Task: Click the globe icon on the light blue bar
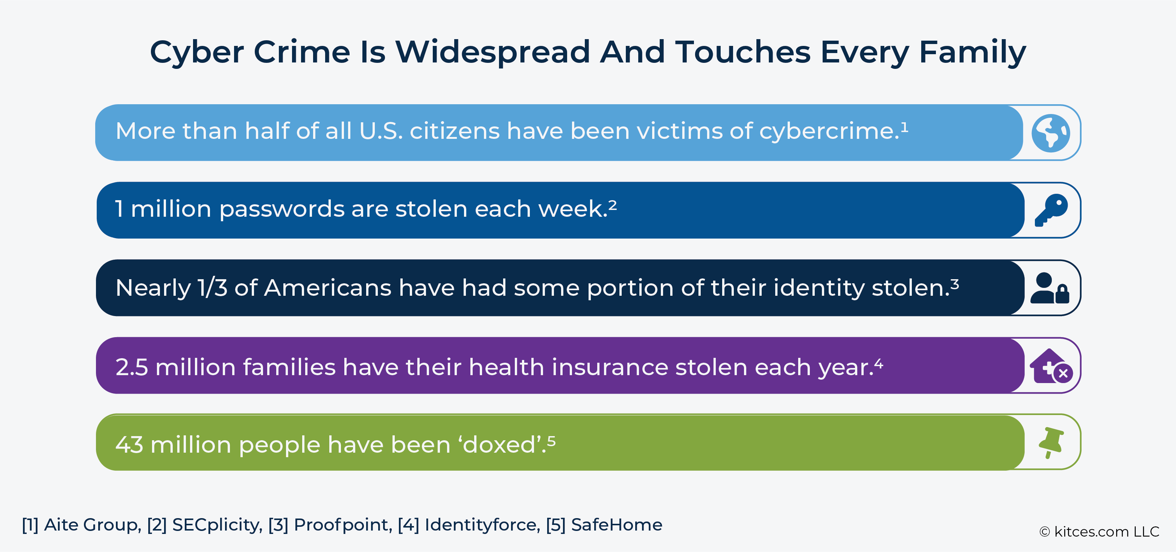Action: coord(1050,133)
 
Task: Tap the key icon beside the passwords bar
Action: coord(1051,210)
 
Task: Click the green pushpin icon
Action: coord(1050,443)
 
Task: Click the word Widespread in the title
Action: coord(492,52)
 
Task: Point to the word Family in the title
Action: coord(972,52)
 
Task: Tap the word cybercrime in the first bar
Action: coord(829,131)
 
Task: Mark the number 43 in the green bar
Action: coord(129,445)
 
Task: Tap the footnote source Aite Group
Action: coord(92,525)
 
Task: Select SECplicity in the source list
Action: coord(216,525)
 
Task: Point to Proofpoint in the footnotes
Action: coord(342,525)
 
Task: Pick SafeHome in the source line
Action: coord(616,525)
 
